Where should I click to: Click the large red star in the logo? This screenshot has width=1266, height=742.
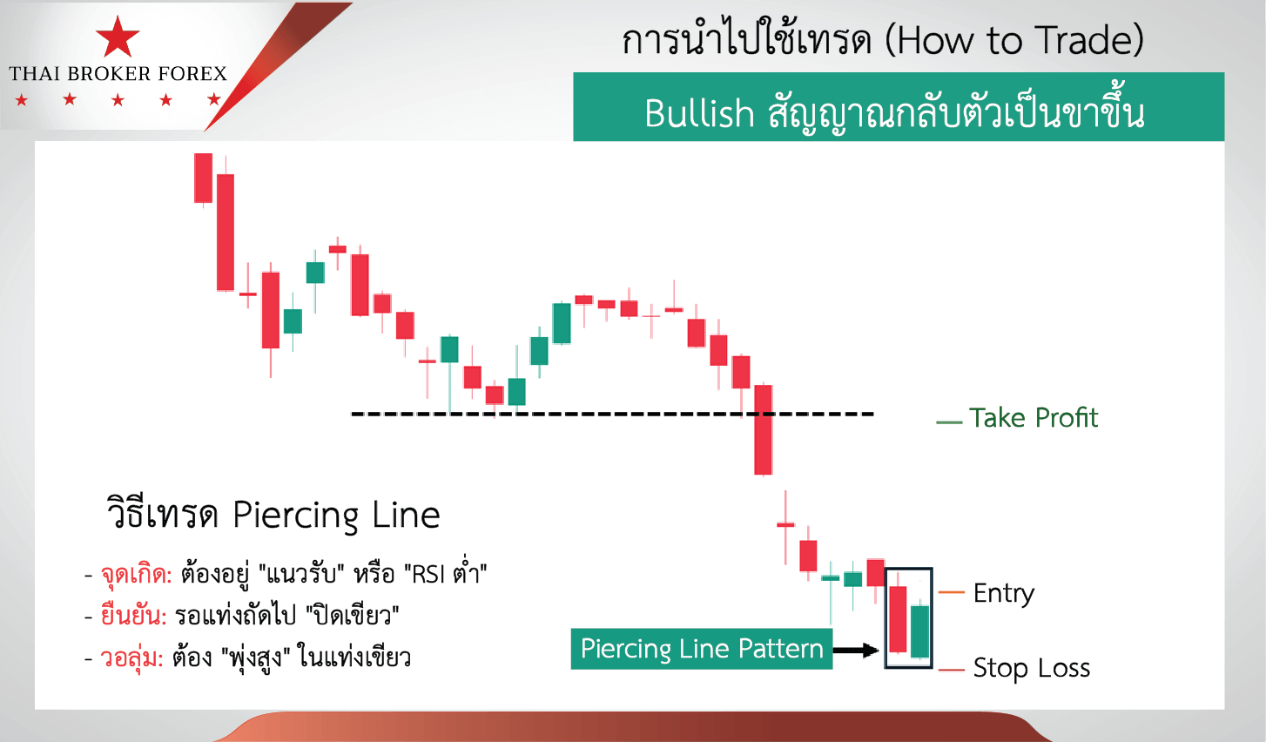pos(118,37)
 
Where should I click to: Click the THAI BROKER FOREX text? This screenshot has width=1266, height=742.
pos(118,73)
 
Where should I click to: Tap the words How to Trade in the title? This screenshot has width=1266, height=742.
pos(1013,41)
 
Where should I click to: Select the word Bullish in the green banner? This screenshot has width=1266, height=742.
pos(699,113)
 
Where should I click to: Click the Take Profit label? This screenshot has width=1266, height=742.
pos(1034,418)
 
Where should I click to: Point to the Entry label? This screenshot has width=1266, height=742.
pos(1004,593)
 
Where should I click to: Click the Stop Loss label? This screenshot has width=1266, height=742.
pos(1032,667)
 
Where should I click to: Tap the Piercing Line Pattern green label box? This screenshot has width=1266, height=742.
pos(702,648)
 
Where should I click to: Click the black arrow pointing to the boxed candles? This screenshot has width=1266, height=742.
pos(856,651)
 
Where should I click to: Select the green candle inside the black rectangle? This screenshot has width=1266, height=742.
pos(920,631)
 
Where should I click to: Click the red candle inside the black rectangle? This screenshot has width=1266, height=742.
pos(898,619)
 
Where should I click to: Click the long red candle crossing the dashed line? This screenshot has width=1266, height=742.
pos(764,429)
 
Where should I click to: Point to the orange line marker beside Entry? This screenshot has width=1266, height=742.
pos(951,592)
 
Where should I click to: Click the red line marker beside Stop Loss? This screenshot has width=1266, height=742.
pos(951,671)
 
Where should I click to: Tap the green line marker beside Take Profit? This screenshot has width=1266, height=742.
pos(949,422)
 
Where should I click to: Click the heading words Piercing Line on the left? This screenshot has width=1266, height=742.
pos(336,515)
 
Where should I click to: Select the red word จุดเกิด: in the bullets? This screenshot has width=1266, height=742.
pos(136,576)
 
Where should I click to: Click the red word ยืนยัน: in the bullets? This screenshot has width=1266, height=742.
pos(134,616)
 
